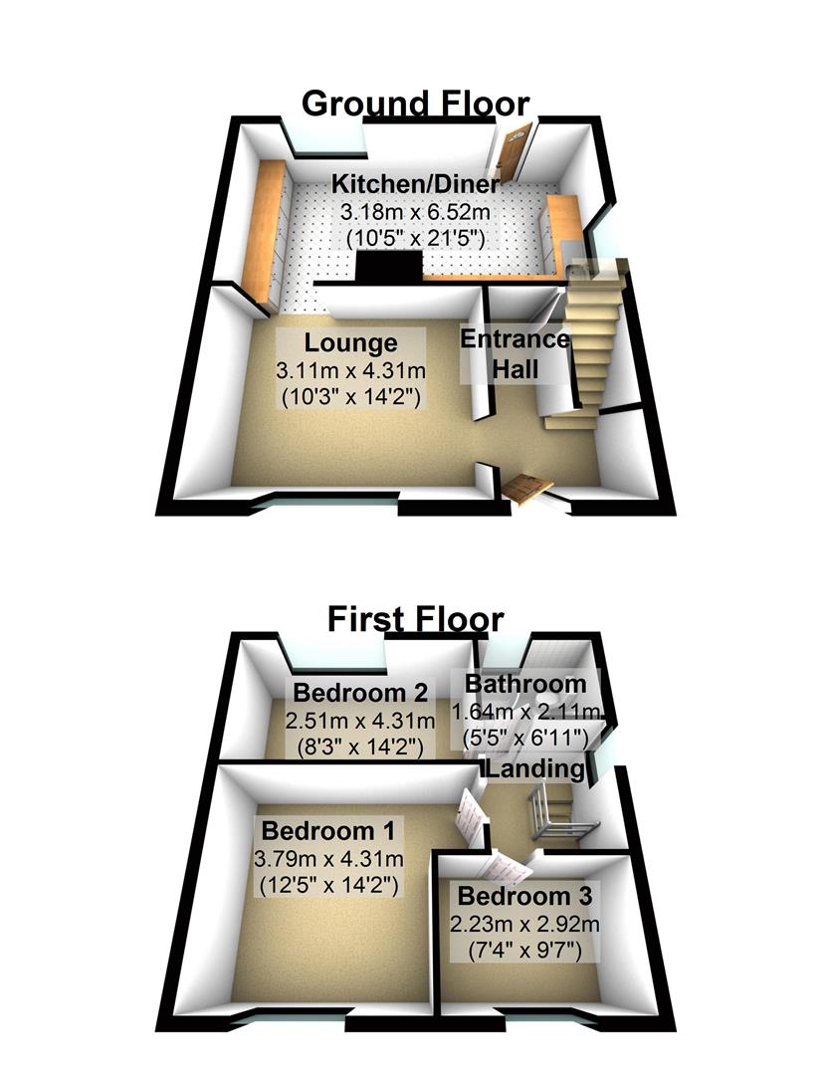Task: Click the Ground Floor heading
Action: (x=415, y=104)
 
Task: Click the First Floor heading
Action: (x=415, y=620)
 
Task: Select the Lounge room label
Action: (x=350, y=343)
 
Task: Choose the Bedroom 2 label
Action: (x=360, y=692)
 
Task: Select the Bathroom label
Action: (x=525, y=684)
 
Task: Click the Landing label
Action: (x=534, y=769)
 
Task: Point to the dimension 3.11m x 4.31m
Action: (x=350, y=371)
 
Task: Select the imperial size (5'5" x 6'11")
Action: (x=525, y=739)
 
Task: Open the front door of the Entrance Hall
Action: (x=526, y=489)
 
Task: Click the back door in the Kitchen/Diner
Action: (x=510, y=155)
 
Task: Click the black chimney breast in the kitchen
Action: (x=388, y=266)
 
